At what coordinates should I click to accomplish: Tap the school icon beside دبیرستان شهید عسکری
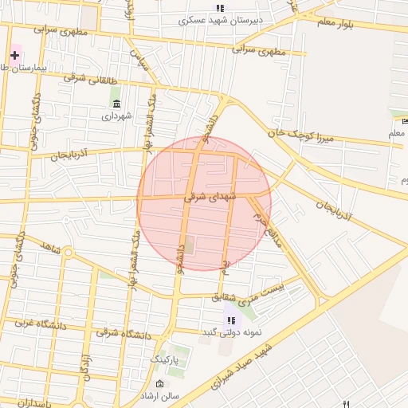pyautogui.click(x=220, y=8)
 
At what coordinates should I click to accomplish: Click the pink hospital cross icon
pyautogui.click(x=14, y=55)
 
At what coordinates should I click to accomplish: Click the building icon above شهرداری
pyautogui.click(x=116, y=104)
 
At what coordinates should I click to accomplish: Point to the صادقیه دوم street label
pyautogui.click(x=269, y=226)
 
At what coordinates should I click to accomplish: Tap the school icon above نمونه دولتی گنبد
pyautogui.click(x=231, y=319)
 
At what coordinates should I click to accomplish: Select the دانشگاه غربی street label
pyautogui.click(x=33, y=324)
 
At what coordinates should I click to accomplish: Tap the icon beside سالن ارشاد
pyautogui.click(x=161, y=385)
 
